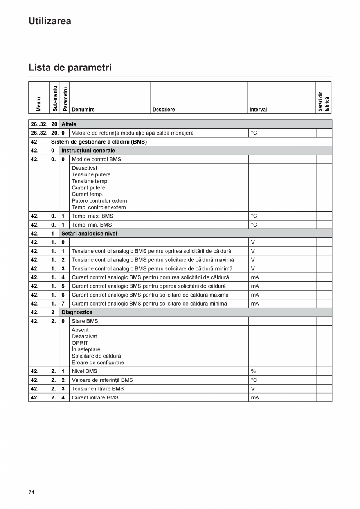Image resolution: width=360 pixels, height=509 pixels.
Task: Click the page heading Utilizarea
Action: [x=50, y=21]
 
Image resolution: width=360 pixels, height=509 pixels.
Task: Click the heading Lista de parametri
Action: [x=70, y=67]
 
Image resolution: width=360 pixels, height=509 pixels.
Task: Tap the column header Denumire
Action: [x=83, y=110]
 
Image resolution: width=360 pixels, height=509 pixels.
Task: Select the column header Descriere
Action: [x=164, y=110]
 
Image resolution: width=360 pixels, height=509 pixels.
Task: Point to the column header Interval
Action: [x=258, y=110]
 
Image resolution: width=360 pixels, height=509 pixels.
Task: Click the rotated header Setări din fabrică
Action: [x=324, y=101]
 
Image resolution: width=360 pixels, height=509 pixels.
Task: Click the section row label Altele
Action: [x=69, y=124]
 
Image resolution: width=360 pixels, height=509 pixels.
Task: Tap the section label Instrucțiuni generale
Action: [x=88, y=151]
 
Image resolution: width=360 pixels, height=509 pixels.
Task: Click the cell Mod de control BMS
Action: [x=96, y=159]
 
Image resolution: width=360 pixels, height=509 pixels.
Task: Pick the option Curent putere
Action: [x=88, y=188]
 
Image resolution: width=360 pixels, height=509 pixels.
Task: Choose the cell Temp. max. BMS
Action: [x=92, y=216]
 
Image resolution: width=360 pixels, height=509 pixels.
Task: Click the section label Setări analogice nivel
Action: [x=89, y=234]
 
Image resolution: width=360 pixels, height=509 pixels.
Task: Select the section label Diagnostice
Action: [x=77, y=312]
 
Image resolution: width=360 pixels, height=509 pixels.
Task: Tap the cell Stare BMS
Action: [x=85, y=321]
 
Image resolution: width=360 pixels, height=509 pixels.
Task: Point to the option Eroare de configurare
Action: [x=98, y=362]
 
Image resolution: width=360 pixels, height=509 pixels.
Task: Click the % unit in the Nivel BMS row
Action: [x=253, y=371]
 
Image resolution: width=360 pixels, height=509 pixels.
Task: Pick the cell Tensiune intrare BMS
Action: [x=97, y=389]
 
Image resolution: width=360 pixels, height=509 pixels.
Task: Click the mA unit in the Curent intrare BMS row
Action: [x=255, y=397]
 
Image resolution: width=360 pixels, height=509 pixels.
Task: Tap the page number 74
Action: [x=31, y=492]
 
